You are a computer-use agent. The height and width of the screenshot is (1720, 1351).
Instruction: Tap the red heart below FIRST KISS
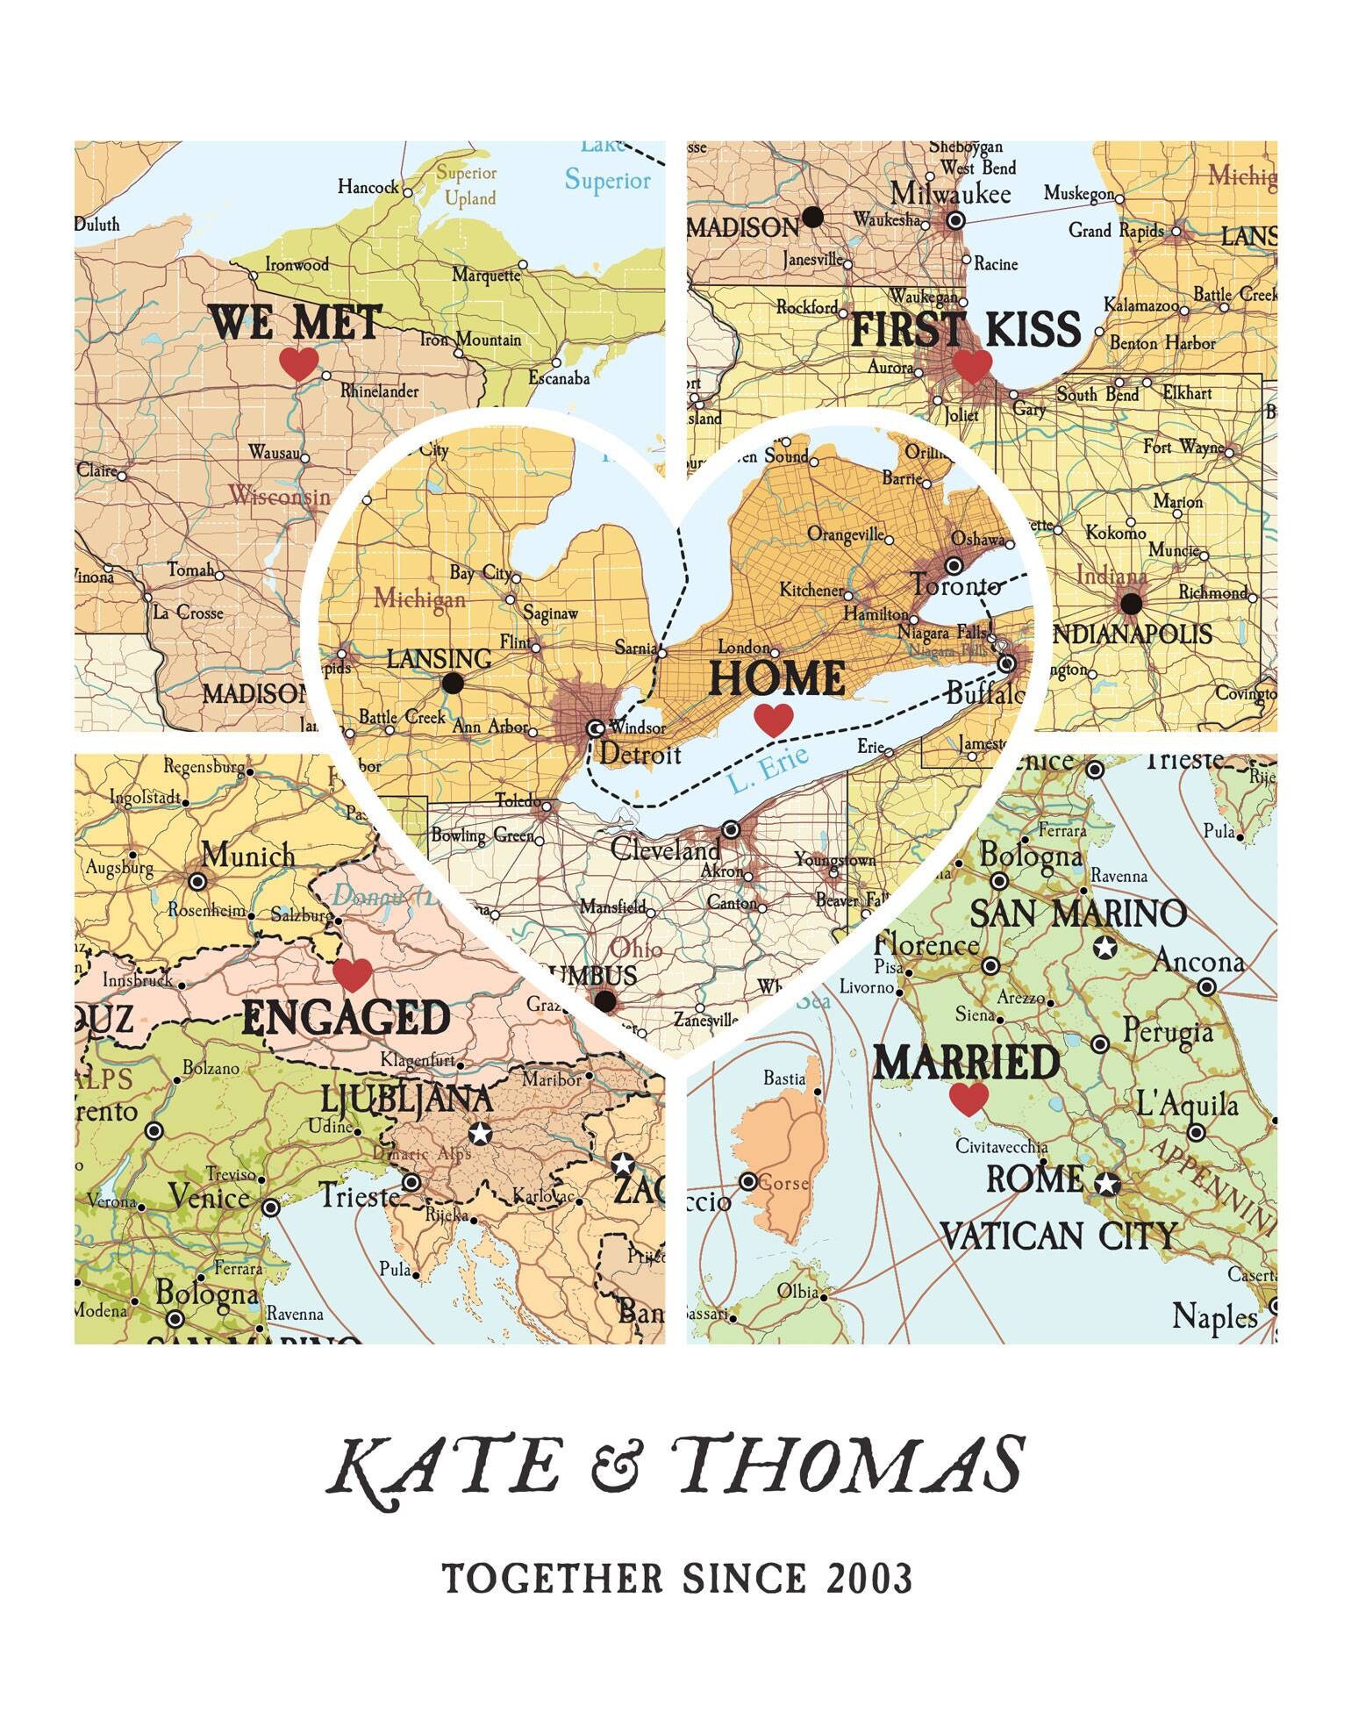[x=972, y=366]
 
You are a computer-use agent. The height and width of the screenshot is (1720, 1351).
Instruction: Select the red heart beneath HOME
[x=774, y=720]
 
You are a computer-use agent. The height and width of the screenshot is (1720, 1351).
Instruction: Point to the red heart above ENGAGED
[x=354, y=975]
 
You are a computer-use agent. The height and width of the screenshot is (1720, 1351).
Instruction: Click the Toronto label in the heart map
[x=955, y=585]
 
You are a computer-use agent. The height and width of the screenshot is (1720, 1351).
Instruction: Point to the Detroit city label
[x=640, y=754]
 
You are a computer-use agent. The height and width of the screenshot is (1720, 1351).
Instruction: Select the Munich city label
[x=248, y=854]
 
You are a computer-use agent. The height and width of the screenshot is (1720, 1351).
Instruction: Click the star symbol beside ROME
[x=1107, y=1185]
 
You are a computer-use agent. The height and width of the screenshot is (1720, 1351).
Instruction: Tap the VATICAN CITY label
[x=1058, y=1236]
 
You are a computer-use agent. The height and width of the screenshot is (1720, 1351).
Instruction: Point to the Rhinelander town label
[x=379, y=391]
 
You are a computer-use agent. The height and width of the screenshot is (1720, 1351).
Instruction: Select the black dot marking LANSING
[x=453, y=684]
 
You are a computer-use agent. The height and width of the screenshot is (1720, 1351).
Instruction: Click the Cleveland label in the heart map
[x=666, y=849]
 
